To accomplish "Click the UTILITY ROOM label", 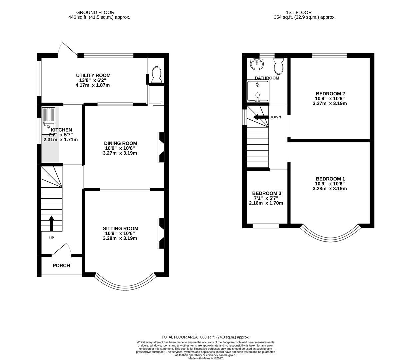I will (x=93, y=75).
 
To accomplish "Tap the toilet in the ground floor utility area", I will (x=156, y=74).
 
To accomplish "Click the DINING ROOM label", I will (x=120, y=143).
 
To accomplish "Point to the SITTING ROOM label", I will (x=120, y=228).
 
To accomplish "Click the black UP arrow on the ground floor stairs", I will (x=51, y=223).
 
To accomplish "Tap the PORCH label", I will (x=61, y=266).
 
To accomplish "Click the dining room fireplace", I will (x=162, y=147).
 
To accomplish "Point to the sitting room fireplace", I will (x=162, y=233).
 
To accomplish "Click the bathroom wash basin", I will (x=257, y=64).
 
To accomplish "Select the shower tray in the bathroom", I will (x=257, y=91).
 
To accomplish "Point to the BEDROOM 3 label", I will (x=266, y=193).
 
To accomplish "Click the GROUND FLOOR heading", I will (x=95, y=12).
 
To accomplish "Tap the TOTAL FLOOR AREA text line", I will (x=205, y=337).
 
